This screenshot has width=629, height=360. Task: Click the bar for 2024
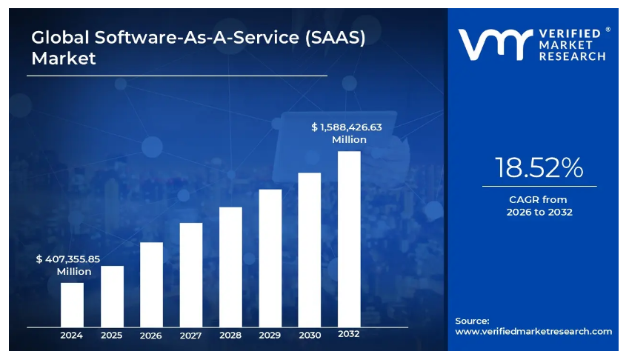(x=72, y=304)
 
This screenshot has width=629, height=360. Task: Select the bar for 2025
(x=112, y=296)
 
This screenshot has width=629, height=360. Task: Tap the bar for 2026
(x=151, y=284)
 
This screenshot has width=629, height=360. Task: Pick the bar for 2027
(x=191, y=275)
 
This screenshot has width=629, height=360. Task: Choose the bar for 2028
(x=230, y=267)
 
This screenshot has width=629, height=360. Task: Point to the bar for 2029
(x=270, y=258)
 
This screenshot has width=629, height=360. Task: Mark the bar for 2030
(x=310, y=250)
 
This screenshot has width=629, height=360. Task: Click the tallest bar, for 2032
(x=349, y=239)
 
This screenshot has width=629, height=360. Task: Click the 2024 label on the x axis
(x=72, y=336)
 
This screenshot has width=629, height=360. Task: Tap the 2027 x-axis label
(x=191, y=336)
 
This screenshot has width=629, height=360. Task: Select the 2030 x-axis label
(x=310, y=336)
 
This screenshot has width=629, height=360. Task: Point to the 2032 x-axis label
(x=349, y=334)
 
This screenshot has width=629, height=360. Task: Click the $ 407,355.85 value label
(x=68, y=260)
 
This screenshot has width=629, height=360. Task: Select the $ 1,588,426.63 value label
(x=347, y=127)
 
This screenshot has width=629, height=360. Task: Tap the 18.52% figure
(x=539, y=168)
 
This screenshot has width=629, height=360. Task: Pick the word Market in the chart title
(x=64, y=58)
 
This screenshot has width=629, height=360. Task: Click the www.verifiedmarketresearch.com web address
(x=533, y=331)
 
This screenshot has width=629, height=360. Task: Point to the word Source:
(x=472, y=321)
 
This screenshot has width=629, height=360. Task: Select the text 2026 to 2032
(x=539, y=212)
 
